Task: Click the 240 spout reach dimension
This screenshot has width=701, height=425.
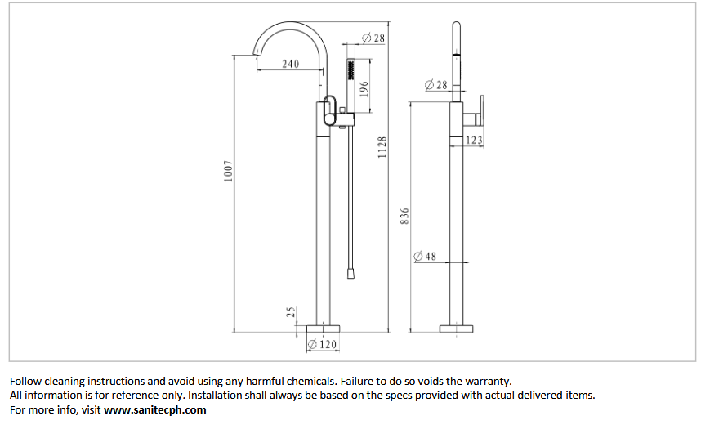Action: [291, 64]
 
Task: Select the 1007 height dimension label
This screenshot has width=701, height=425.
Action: [228, 172]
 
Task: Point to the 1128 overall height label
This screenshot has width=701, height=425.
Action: [382, 147]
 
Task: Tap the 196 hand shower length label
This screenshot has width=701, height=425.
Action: [364, 89]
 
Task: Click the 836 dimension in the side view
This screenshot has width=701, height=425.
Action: [404, 216]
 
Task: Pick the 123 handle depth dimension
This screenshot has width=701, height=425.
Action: [474, 141]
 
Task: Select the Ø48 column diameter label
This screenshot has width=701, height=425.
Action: [425, 257]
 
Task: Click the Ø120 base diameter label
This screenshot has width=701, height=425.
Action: [322, 344]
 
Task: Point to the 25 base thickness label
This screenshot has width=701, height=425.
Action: [291, 312]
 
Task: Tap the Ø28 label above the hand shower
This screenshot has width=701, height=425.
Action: [373, 38]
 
